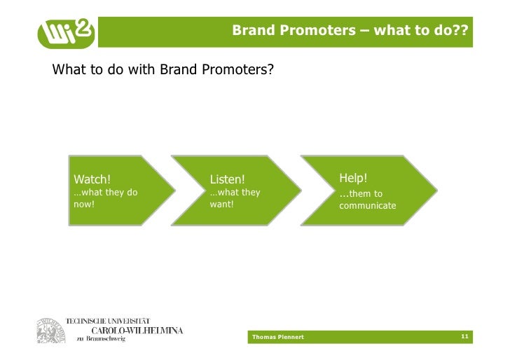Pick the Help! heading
(354, 178)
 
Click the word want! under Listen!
(221, 205)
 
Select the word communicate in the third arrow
(368, 206)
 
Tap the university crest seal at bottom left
(49, 330)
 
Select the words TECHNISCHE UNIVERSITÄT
(108, 321)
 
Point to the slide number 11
(464, 337)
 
